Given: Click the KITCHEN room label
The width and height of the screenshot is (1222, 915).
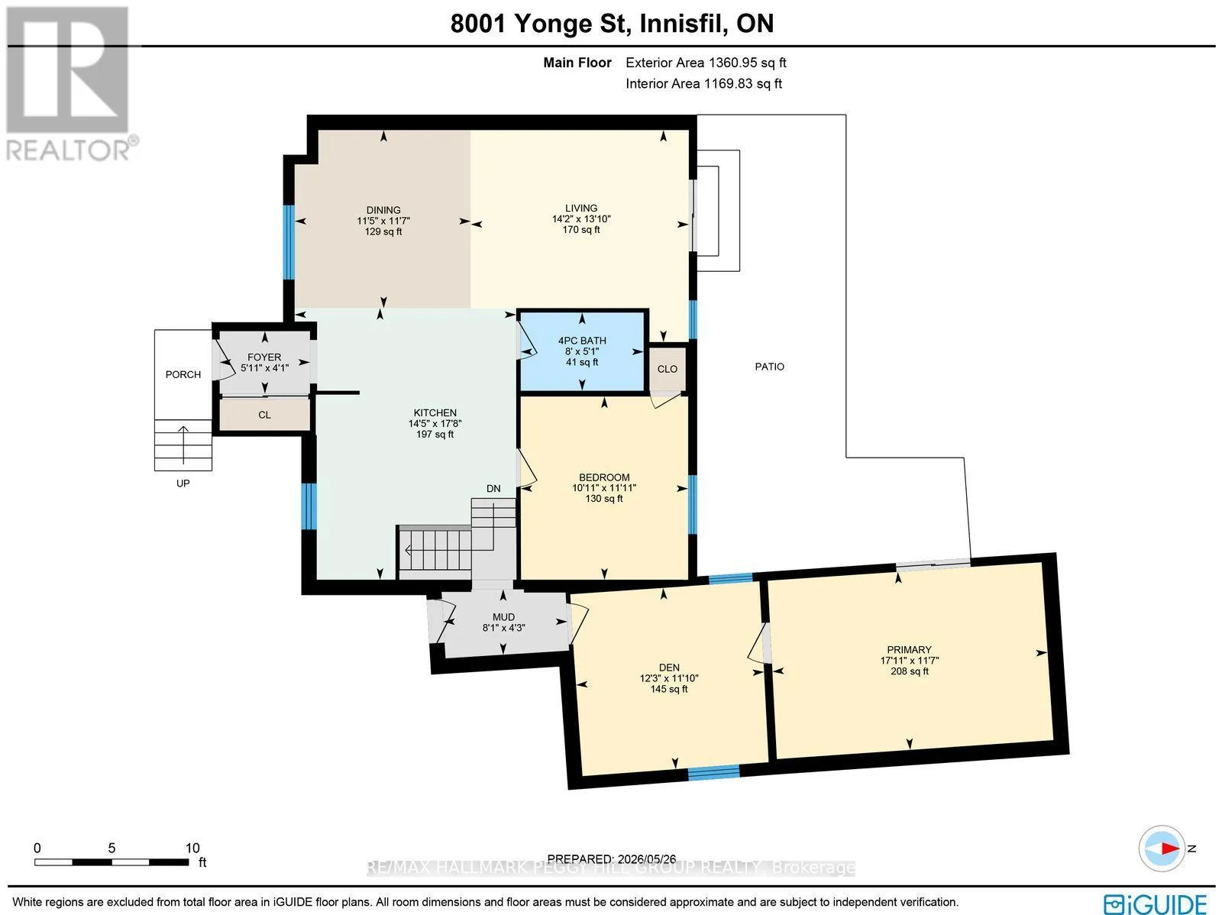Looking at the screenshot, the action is [435, 412].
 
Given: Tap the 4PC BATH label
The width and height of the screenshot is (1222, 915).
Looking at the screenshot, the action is [582, 341].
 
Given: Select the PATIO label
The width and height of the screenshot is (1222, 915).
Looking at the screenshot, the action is [769, 367].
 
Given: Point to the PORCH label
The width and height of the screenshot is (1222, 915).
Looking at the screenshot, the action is [183, 374].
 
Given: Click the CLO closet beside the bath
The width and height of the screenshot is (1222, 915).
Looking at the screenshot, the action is [667, 369].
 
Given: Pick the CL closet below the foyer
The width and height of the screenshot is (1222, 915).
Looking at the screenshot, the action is [264, 415].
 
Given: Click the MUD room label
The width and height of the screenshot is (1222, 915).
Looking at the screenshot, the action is [503, 617].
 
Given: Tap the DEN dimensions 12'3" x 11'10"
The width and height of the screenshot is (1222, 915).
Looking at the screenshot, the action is [669, 678].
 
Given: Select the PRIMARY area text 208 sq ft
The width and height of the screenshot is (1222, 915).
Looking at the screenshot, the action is [910, 671].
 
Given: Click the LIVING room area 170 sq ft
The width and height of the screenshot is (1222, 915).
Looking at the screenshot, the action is [581, 229].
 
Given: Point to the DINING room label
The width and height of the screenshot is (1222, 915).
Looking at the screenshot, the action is [383, 210].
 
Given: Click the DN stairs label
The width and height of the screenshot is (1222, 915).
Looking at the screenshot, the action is [493, 489].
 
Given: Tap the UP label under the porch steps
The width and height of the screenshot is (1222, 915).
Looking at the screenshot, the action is [183, 483].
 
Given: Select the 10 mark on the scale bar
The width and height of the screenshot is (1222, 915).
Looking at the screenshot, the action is [192, 848].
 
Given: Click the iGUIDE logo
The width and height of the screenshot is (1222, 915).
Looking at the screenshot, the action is [1156, 904].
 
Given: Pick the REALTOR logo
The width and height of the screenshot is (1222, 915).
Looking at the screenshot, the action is [69, 83].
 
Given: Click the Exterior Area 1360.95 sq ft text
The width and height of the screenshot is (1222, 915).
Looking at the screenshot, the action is [706, 63].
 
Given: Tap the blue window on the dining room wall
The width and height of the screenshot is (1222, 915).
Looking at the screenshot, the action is [289, 242].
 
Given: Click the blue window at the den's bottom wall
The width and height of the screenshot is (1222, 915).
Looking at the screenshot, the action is [713, 771].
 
